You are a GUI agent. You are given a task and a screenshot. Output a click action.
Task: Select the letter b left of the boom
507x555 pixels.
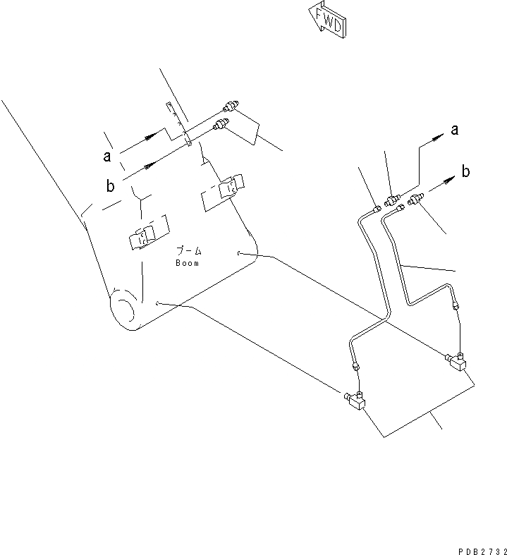pyautogui.click(x=110, y=185)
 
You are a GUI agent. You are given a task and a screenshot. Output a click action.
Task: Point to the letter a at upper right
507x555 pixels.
pyautogui.click(x=455, y=129)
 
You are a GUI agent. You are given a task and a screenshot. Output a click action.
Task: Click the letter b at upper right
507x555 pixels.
pyautogui.click(x=466, y=171)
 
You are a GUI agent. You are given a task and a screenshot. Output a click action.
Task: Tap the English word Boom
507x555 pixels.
pyautogui.click(x=188, y=263)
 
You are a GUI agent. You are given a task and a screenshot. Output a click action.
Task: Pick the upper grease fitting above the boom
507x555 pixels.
pyautogui.click(x=229, y=107)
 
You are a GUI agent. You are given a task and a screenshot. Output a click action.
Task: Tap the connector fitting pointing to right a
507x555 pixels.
pyautogui.click(x=392, y=199)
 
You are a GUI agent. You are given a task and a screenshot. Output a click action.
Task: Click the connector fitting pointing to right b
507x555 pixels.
pyautogui.click(x=414, y=203)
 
